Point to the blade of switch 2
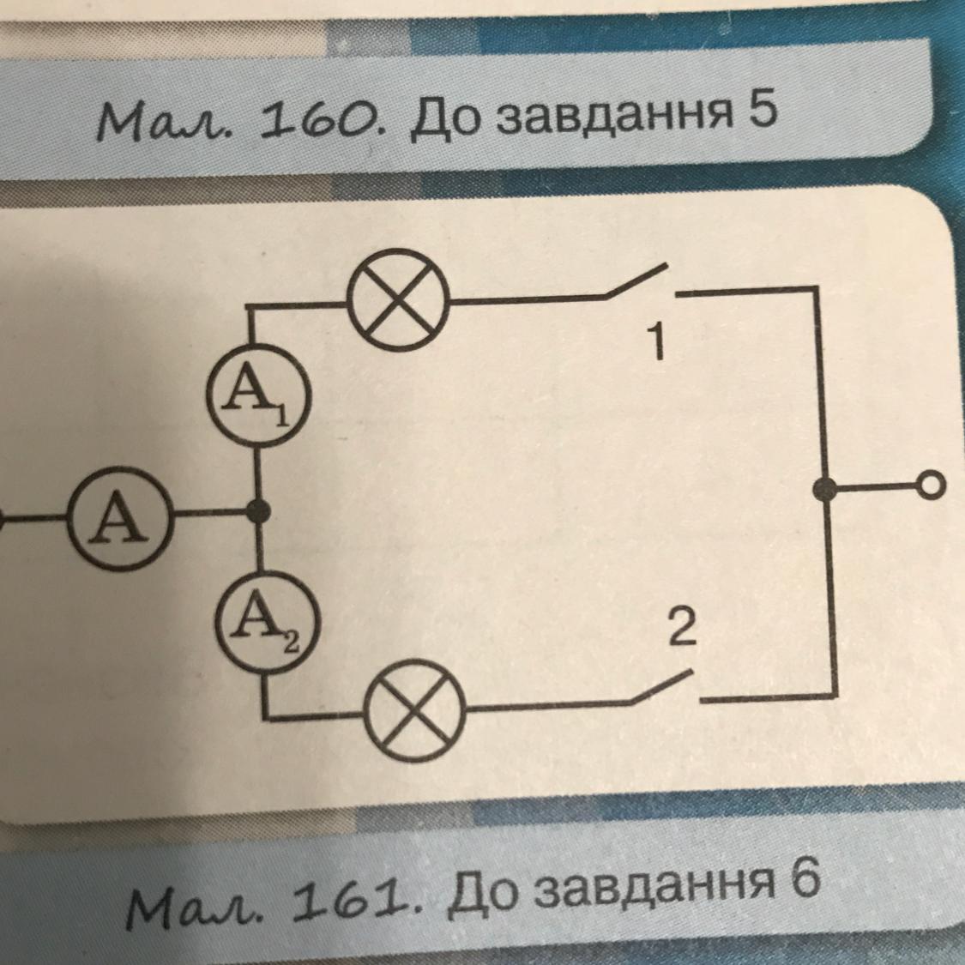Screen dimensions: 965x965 [x=660, y=688]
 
